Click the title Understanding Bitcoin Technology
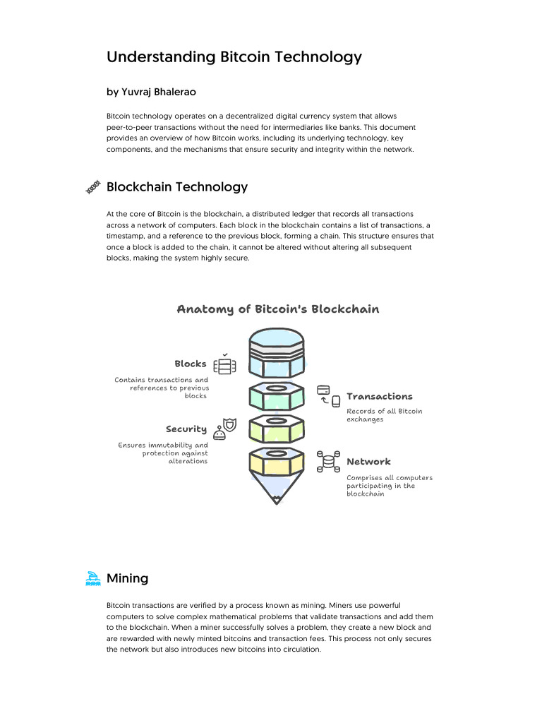coord(234,57)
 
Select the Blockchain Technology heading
coord(177,187)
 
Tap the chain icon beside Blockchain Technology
coord(92,188)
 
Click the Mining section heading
coord(127,578)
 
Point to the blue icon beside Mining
coord(92,579)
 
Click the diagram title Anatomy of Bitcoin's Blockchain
coord(277,309)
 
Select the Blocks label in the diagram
coord(191,364)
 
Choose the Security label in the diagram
coord(186,429)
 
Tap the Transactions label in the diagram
coord(379,397)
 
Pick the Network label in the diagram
coord(368,462)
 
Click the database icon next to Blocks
coord(224,364)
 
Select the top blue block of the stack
coord(277,353)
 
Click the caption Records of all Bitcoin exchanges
coord(384,415)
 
